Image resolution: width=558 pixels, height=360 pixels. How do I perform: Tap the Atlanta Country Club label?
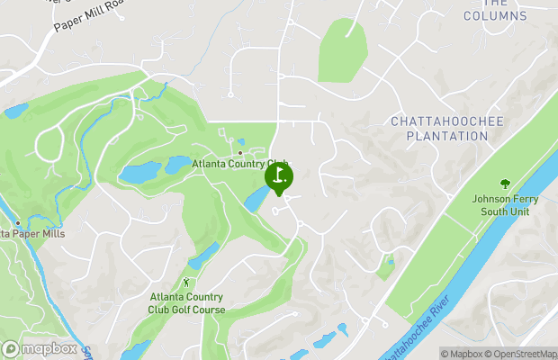(239, 164)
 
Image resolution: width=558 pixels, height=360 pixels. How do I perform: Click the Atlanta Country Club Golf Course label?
(186, 303)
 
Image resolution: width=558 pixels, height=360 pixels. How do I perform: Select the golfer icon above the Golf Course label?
(187, 283)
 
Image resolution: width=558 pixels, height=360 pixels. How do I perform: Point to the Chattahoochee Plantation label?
(440, 128)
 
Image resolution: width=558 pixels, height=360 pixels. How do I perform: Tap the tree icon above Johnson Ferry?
(506, 184)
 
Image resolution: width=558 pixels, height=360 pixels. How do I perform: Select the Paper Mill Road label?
(87, 17)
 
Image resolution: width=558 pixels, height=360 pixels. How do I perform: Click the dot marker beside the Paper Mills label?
(17, 221)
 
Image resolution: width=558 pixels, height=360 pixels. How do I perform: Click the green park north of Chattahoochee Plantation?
(342, 50)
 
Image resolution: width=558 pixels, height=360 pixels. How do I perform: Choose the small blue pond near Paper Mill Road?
(15, 112)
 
